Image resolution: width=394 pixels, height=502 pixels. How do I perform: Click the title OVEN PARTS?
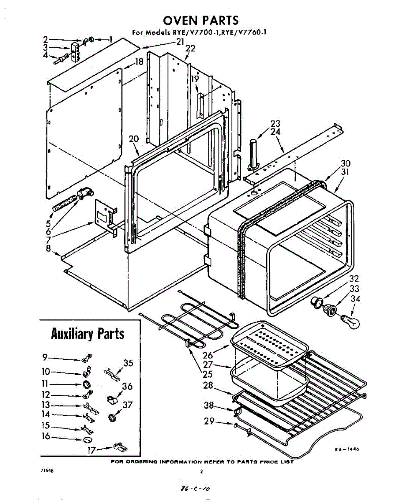[200, 20]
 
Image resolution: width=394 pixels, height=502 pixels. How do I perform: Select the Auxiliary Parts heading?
[87, 334]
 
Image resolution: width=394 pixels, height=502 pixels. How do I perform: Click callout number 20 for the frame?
[134, 139]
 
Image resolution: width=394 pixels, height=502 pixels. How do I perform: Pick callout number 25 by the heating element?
[208, 374]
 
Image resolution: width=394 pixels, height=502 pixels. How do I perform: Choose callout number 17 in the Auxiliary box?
[91, 450]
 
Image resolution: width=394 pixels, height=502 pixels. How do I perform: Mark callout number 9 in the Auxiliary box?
[45, 357]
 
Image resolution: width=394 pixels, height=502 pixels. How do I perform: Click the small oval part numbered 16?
[86, 440]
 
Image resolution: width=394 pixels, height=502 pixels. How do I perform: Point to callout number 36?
[127, 387]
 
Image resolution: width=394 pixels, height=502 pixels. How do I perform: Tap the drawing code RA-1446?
[347, 450]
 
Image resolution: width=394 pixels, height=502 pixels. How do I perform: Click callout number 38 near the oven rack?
[208, 405]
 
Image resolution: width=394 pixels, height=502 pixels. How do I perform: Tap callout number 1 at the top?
[111, 40]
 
